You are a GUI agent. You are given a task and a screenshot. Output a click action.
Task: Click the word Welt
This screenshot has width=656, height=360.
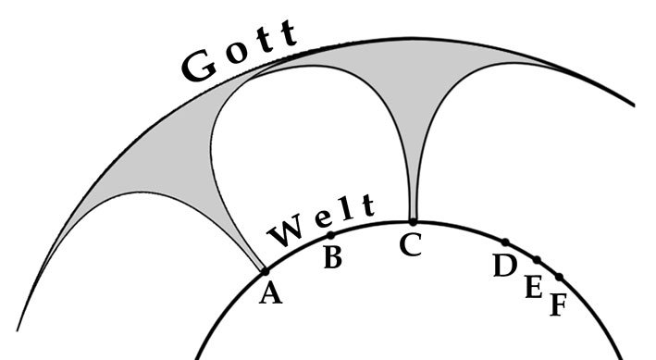pos(319,220)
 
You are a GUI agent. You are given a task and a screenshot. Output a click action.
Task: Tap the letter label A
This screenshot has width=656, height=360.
pos(270,293)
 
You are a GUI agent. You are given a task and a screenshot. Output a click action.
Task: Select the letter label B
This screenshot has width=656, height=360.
pos(333,258)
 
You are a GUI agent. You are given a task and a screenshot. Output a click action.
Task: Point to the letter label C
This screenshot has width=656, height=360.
pos(410,246)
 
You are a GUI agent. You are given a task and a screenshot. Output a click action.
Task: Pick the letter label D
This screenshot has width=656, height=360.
pos(504,266)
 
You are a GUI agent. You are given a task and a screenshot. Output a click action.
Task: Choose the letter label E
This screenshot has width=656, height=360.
pos(533,288)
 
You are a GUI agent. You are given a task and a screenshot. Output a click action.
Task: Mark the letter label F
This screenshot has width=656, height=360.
pos(556,304)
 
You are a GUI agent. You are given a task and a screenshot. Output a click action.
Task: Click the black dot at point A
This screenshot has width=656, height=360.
pos(265,271)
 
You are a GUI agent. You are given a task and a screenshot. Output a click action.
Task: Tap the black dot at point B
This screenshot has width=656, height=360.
pos(330,235)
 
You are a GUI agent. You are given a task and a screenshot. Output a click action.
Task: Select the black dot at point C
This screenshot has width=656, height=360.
pos(413,221)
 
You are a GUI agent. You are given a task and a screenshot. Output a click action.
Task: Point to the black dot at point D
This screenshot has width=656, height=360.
pos(505,242)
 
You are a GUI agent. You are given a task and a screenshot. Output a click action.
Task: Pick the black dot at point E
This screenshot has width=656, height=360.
pos(537,259)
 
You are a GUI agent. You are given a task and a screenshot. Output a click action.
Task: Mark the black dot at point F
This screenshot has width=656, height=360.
pos(559,277)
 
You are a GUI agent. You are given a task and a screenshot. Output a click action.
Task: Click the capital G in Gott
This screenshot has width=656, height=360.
pos(200,68)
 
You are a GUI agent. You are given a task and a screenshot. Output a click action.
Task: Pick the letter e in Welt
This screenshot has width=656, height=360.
pos(320,221)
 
